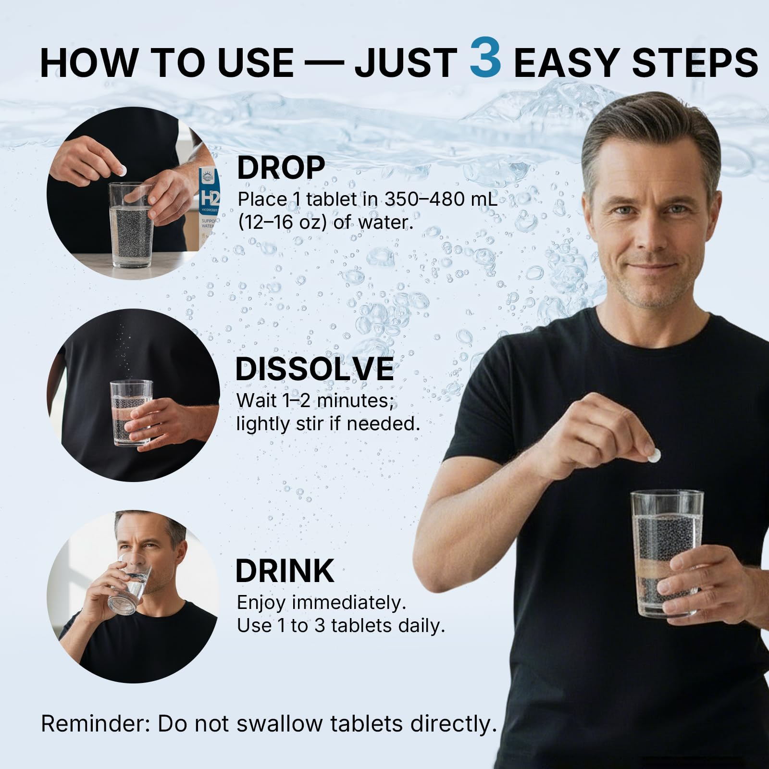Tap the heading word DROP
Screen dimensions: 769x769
pos(281,168)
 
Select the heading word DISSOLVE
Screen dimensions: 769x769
pos(314,369)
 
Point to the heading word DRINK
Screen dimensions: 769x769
pos(285,571)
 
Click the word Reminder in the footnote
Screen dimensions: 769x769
pos(96,724)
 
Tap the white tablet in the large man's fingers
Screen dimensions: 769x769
pos(655,455)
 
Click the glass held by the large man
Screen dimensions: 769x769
pos(667,553)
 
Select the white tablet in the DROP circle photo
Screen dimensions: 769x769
pos(122,170)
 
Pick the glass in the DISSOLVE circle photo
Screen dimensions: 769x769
pos(131,413)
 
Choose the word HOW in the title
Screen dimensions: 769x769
pos(88,62)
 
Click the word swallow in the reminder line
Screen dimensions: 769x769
pos(279,724)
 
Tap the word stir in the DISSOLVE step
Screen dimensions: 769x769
pos(308,424)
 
